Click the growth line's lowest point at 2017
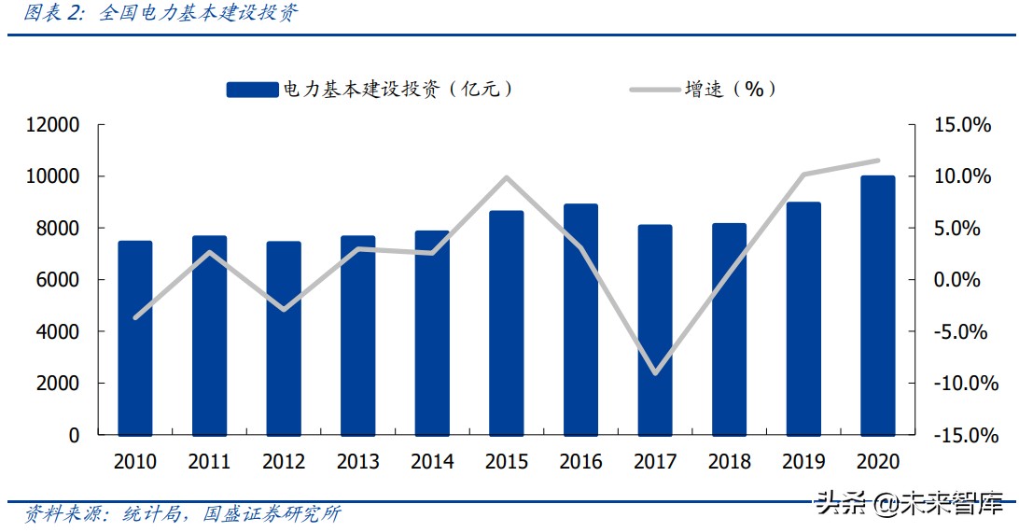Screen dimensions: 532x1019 click(656, 373)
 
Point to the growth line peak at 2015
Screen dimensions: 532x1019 click(506, 177)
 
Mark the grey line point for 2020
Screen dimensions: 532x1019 click(878, 161)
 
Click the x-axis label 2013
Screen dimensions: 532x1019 click(357, 462)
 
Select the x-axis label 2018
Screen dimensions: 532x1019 click(730, 462)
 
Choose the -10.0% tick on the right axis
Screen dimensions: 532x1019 click(961, 384)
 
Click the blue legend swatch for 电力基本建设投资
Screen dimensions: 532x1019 click(252, 90)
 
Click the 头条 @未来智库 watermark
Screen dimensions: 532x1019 click(910, 505)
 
